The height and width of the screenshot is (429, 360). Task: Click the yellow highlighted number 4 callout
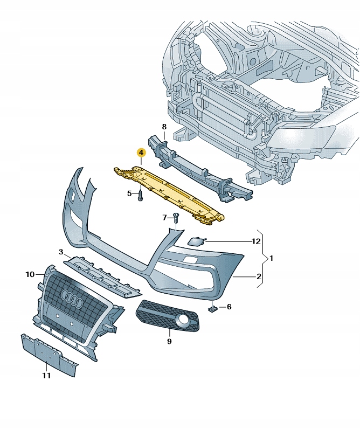coord(141,153)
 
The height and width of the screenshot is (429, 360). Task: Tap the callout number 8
coord(164,127)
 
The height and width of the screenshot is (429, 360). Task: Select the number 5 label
coord(129,193)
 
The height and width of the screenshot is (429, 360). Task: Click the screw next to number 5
coord(140,195)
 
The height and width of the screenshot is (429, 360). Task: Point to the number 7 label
coord(165,218)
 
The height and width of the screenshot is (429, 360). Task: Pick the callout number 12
coord(256,241)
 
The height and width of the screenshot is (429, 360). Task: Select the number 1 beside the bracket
coord(272,259)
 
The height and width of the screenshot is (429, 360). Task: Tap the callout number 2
coord(259,276)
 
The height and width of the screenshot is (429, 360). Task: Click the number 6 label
coord(229,307)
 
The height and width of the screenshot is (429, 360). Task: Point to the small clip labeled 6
coord(213,309)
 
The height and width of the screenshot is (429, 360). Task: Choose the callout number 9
coord(169,341)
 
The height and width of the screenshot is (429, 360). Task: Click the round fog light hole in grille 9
coord(184,322)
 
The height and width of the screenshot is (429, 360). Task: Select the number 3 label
coord(61,252)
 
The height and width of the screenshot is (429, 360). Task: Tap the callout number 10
coord(30,275)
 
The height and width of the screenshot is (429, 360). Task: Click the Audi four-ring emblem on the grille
coord(71,297)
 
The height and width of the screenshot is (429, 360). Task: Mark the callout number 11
coord(46,376)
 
